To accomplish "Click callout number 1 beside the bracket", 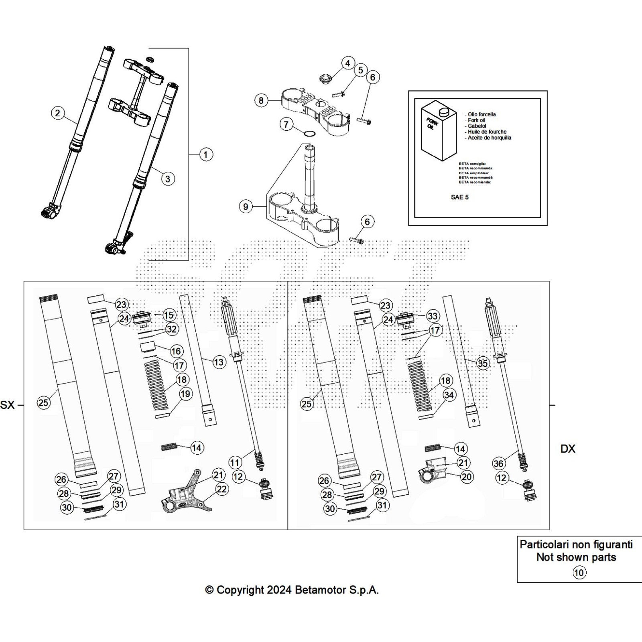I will (x=206, y=154).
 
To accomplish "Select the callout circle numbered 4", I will (x=348, y=63).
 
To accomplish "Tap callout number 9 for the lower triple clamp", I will (x=246, y=207).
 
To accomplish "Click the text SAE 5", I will (x=459, y=197).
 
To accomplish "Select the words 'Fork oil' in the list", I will (x=476, y=120).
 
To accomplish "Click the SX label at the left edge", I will (x=7, y=405).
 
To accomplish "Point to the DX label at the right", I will (x=567, y=449).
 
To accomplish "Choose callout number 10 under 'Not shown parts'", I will (x=579, y=572).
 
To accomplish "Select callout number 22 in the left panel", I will (x=221, y=489).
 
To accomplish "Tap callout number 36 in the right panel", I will (x=498, y=463).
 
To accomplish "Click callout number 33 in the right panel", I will (x=432, y=316).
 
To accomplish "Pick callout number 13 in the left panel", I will (x=218, y=362).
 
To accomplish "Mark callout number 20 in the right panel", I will (x=467, y=477).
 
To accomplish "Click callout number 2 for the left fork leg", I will (x=58, y=113).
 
